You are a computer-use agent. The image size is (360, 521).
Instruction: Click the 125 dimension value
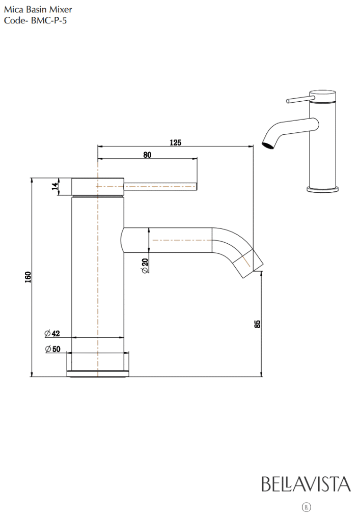[x=176, y=142]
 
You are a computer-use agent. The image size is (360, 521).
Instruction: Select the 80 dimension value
[x=147, y=155]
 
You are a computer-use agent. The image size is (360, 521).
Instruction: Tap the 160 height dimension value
[x=28, y=277]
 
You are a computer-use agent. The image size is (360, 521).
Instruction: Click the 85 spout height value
[x=257, y=324]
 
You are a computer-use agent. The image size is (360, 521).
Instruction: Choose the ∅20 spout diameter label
[x=145, y=266]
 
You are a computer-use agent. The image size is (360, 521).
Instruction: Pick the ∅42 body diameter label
[x=52, y=333]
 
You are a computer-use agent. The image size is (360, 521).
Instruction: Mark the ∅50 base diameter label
[x=53, y=349]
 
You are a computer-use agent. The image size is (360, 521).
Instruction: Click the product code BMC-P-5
[x=49, y=20]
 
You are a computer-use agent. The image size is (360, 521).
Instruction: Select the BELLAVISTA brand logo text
[x=306, y=484]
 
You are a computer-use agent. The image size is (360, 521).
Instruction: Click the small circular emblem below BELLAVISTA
[x=306, y=507]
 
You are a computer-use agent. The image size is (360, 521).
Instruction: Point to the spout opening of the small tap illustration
[x=268, y=145]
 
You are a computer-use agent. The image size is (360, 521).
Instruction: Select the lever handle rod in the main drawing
[x=160, y=187]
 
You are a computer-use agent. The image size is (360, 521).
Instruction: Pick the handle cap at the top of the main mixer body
[x=98, y=187]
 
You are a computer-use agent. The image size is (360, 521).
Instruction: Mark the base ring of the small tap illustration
[x=322, y=189]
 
